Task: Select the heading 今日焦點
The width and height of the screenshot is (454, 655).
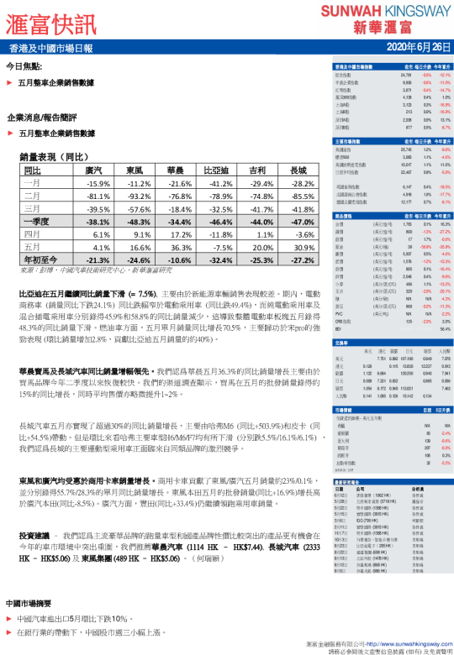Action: point(25,66)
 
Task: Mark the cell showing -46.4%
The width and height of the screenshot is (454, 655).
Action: point(218,221)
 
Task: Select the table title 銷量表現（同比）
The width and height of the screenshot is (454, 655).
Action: point(54,156)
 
